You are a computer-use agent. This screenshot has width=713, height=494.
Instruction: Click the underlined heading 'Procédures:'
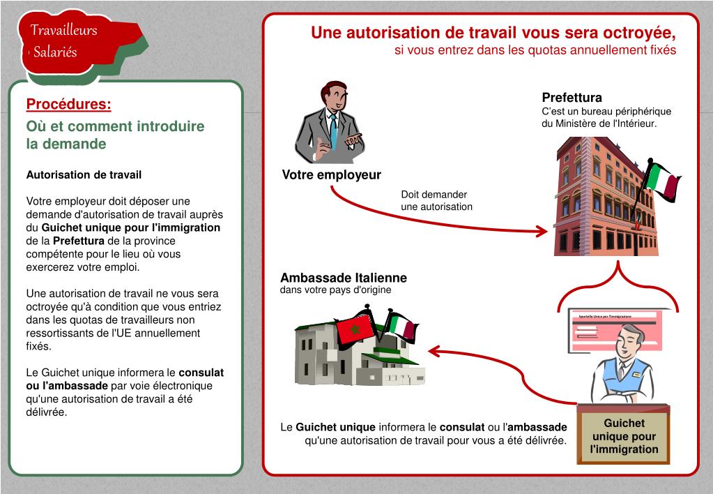coord(68,105)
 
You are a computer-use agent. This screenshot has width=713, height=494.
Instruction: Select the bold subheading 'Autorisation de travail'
coord(84,174)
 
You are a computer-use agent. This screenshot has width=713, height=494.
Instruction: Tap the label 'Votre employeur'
coord(331,175)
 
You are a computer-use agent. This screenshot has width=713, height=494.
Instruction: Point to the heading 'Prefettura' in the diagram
coord(572,98)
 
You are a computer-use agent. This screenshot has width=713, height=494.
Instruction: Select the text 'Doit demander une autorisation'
coord(436,201)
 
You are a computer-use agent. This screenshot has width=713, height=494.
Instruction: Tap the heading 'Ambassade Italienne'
coord(344,278)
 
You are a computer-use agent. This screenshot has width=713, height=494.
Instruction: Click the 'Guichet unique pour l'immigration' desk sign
coord(624,436)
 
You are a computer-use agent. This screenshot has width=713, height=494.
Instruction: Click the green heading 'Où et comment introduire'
coord(115,126)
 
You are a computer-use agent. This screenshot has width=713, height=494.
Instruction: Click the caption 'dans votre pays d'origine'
coord(335,290)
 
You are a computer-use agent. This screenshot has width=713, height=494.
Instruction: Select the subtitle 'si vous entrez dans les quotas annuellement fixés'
coord(535,50)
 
